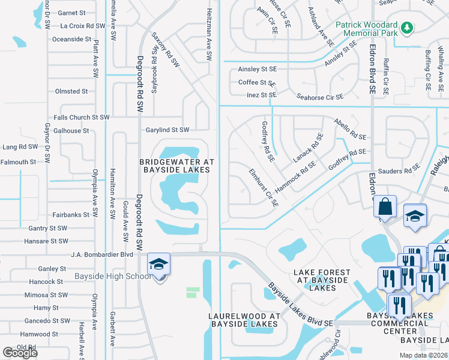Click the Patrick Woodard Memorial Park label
point(366,30)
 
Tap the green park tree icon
point(407,27)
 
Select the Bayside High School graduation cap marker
point(158,265)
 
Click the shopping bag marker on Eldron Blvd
point(385,207)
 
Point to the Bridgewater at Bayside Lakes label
point(175,166)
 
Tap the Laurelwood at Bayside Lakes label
point(244,320)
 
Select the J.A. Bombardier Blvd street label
point(101,254)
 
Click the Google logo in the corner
point(20,353)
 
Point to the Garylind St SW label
point(167,130)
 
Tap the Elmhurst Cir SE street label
point(264,187)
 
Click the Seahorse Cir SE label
point(321,97)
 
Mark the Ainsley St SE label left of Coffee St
point(257,70)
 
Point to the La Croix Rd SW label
point(83,26)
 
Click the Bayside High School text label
point(113,276)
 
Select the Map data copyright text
point(422,355)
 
